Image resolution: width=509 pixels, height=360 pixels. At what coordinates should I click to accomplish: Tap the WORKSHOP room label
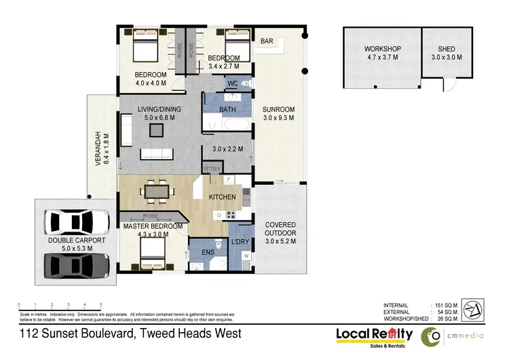coord(383,49)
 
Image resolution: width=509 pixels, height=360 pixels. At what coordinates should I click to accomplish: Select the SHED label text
coord(446,49)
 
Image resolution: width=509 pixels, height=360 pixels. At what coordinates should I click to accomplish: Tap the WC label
coord(232,84)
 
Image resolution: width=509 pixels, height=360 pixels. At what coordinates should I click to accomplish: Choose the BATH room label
coord(227,109)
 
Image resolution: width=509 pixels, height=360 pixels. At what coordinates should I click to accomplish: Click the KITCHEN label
coord(222,197)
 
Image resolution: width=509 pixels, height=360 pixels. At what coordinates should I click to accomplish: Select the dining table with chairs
coord(157,191)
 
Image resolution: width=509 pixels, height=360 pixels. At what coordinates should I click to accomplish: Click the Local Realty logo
coord(374,335)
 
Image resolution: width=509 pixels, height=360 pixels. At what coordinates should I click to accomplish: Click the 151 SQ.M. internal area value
coord(446,304)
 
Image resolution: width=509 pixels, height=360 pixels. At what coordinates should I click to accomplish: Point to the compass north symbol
coord(475,310)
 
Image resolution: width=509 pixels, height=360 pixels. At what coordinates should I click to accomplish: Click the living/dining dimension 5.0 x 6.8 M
coord(159,118)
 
